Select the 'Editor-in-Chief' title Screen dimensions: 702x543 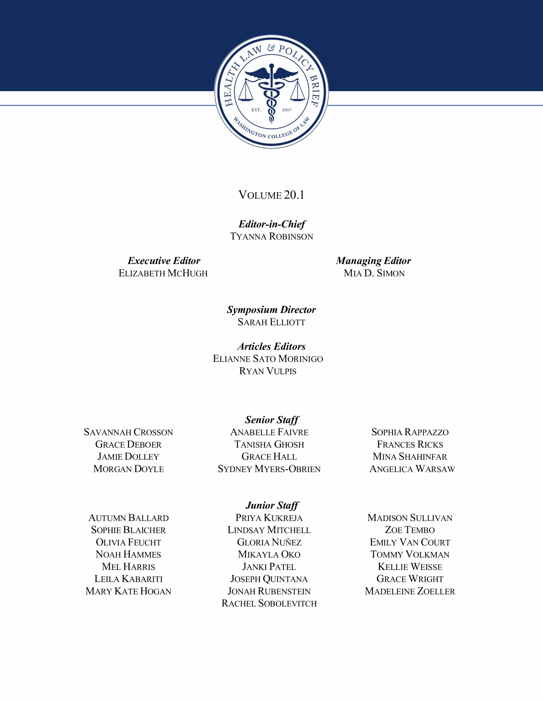[x=272, y=224]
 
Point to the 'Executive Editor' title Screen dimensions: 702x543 [x=164, y=261]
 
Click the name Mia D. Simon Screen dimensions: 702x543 [x=374, y=273]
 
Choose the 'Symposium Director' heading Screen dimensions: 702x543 [x=271, y=310]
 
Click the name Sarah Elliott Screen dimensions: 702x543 [x=271, y=322]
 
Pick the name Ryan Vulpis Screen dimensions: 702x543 [x=268, y=371]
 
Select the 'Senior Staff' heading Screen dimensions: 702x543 [x=272, y=420]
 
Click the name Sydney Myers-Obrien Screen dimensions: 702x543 [x=269, y=469]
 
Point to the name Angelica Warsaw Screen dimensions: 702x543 [x=412, y=469]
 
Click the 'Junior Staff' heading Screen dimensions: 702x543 [x=272, y=506]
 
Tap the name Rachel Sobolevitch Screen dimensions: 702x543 [x=269, y=604]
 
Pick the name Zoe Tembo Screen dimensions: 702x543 [x=410, y=530]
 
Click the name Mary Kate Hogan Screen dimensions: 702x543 [x=128, y=591]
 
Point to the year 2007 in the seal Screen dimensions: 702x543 [x=287, y=110]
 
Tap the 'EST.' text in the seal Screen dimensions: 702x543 [x=256, y=110]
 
